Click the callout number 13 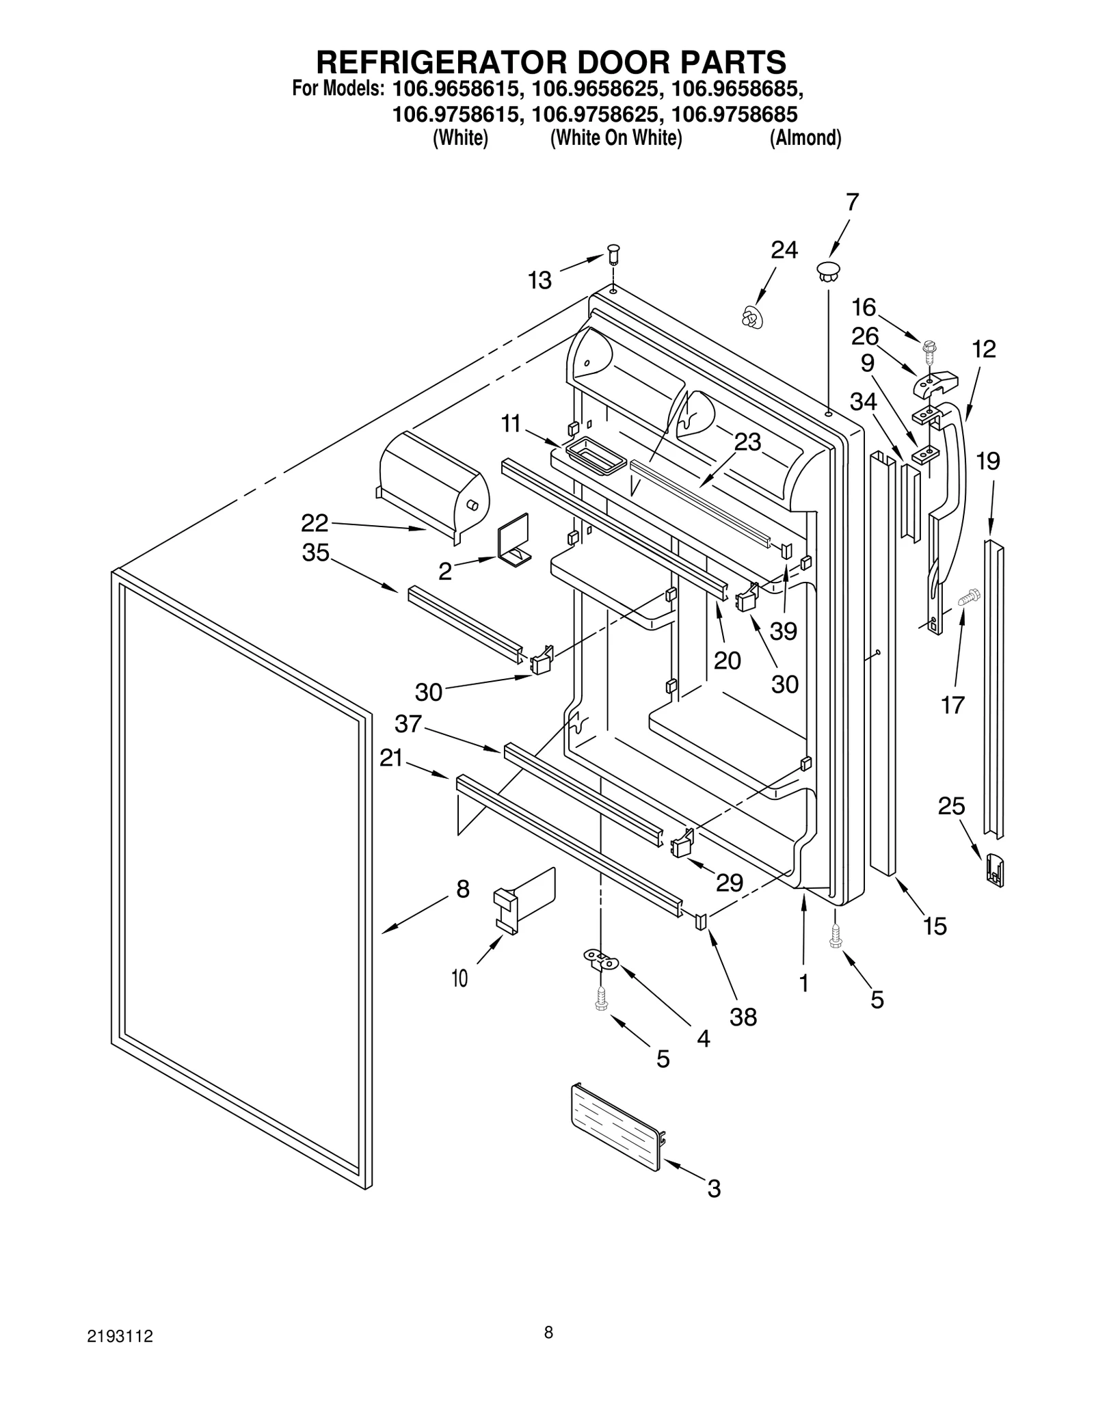click(539, 280)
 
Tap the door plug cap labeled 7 click(827, 269)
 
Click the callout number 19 click(987, 462)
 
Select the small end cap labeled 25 click(995, 870)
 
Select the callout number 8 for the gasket click(463, 889)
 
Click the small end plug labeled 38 click(701, 922)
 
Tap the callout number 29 click(729, 883)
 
